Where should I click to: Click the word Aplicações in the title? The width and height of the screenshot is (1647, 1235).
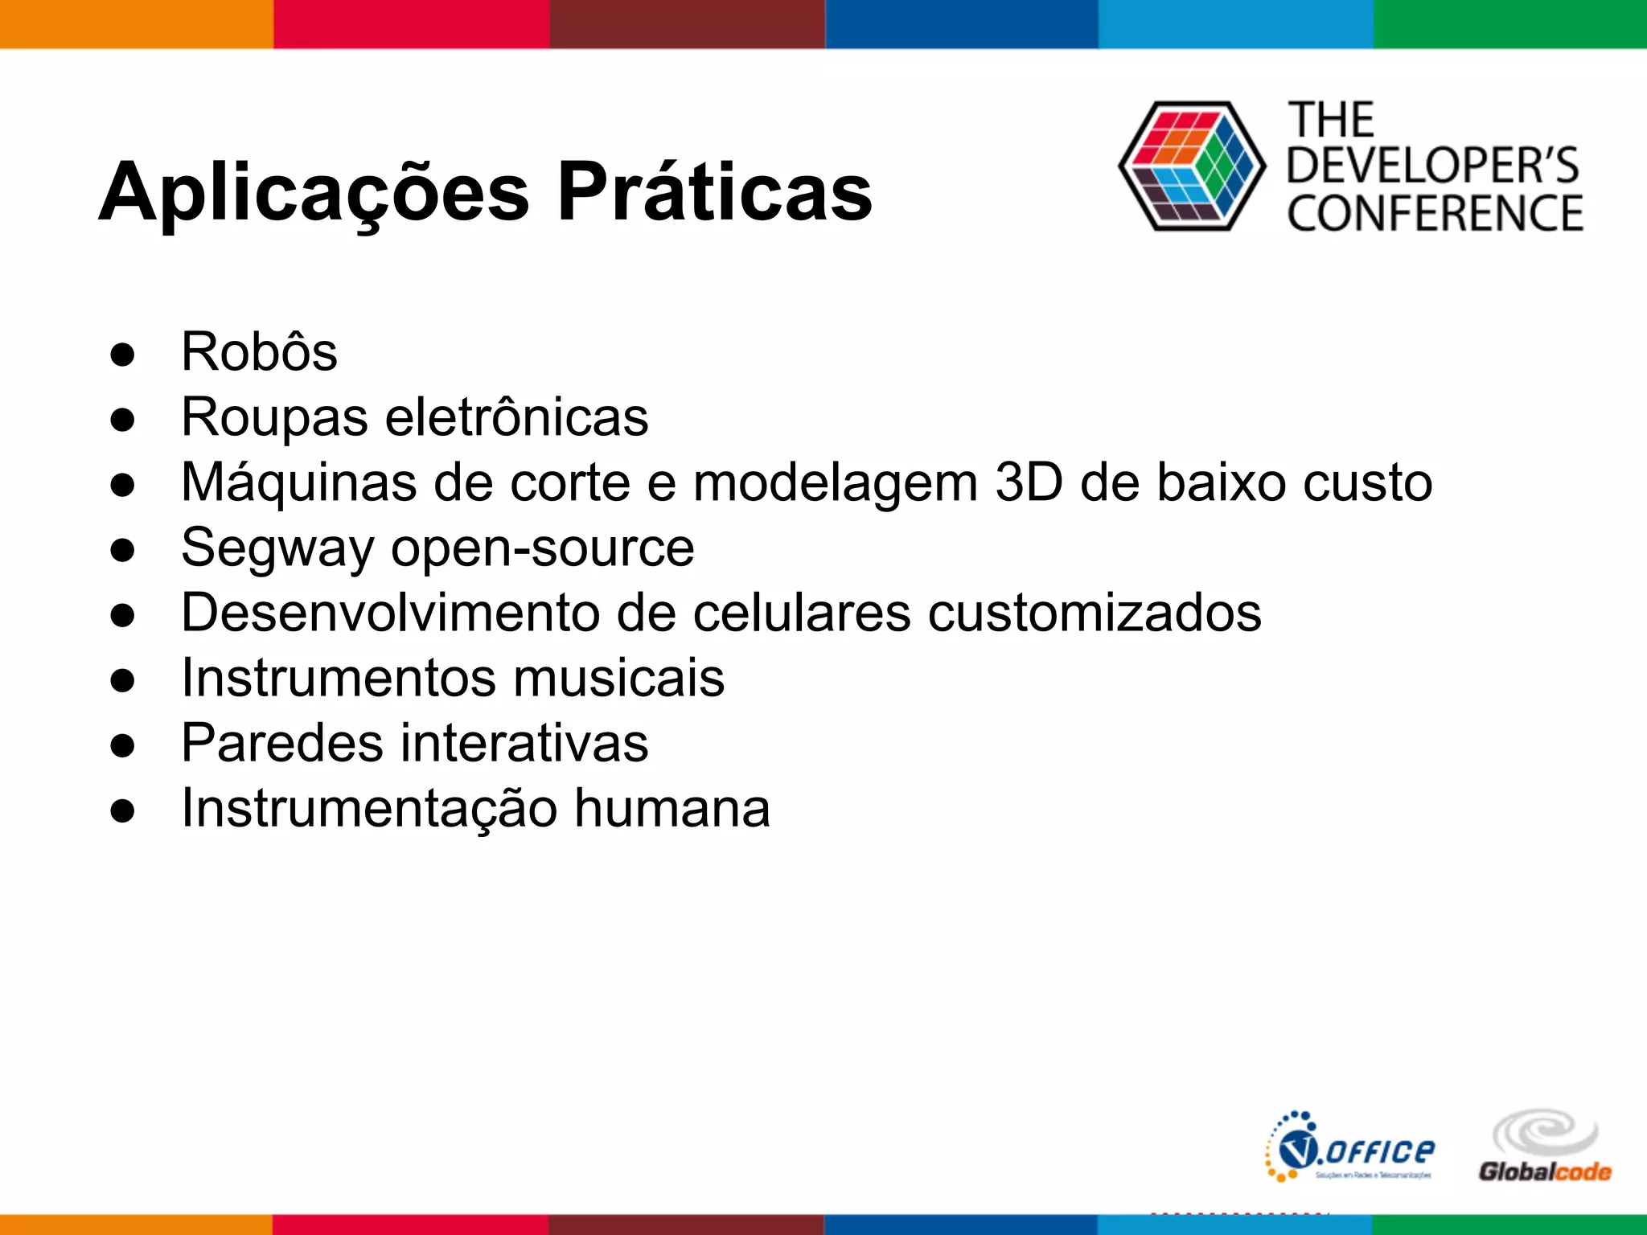(314, 193)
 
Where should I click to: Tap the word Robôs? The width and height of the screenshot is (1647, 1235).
(259, 352)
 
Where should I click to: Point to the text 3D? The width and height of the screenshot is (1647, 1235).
(1029, 482)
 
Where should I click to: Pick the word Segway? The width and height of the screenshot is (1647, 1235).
(278, 548)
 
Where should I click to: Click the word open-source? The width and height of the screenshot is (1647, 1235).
(542, 548)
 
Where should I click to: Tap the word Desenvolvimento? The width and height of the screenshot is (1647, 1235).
(391, 613)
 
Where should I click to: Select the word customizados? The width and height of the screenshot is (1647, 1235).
(1095, 613)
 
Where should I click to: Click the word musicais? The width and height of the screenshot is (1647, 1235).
(618, 678)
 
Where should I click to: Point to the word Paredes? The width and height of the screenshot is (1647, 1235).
(282, 743)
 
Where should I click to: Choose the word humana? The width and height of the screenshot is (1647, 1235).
(672, 808)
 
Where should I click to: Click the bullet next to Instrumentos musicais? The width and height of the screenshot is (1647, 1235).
(123, 679)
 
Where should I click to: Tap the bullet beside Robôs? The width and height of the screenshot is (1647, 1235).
(123, 354)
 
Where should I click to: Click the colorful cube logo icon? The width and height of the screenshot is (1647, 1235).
(1191, 166)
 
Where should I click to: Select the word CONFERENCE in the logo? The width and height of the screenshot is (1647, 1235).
(1435, 214)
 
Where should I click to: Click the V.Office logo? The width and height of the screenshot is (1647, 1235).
(1350, 1147)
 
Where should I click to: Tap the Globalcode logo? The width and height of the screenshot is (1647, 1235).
(1545, 1147)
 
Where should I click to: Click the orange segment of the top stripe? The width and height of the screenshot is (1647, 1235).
(137, 24)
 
